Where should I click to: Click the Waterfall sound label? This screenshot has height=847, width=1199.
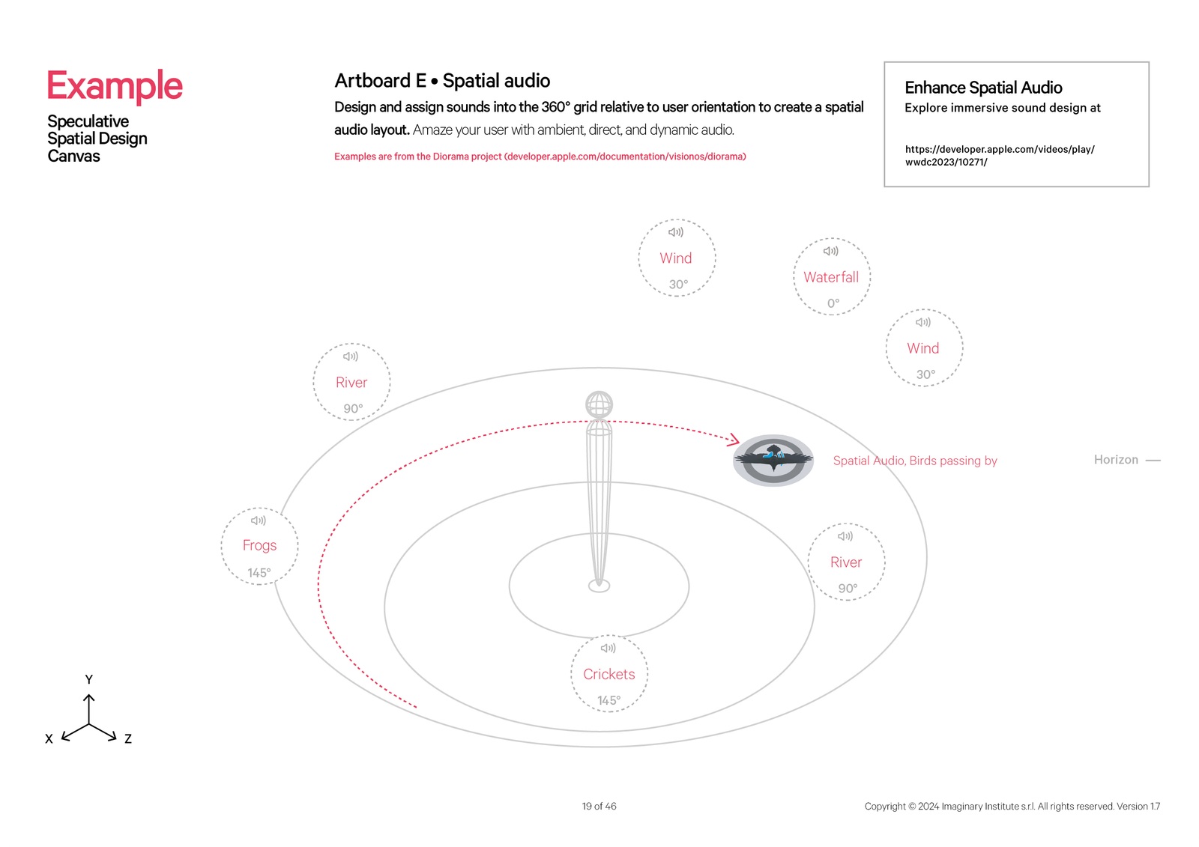pyautogui.click(x=831, y=277)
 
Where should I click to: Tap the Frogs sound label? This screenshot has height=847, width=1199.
pyautogui.click(x=259, y=545)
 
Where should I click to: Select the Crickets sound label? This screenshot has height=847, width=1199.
pyautogui.click(x=609, y=674)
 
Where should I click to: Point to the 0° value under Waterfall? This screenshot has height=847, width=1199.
pyautogui.click(x=833, y=303)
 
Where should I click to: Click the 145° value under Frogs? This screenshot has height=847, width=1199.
pyautogui.click(x=259, y=573)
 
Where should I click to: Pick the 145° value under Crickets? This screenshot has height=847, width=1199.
pyautogui.click(x=608, y=700)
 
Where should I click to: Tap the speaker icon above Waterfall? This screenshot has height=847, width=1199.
pyautogui.click(x=831, y=252)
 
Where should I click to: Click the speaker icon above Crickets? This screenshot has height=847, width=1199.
pyautogui.click(x=608, y=648)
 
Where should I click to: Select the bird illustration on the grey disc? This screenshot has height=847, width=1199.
pyautogui.click(x=773, y=457)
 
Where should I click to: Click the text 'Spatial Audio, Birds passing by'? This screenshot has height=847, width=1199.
pyautogui.click(x=915, y=461)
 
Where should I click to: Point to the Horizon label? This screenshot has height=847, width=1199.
pyautogui.click(x=1116, y=460)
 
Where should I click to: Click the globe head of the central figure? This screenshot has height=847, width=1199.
pyautogui.click(x=599, y=404)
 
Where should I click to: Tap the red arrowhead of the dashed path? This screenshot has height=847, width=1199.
pyautogui.click(x=734, y=440)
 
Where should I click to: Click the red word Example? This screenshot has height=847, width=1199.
pyautogui.click(x=115, y=85)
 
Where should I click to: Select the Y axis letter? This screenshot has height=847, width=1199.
pyautogui.click(x=89, y=679)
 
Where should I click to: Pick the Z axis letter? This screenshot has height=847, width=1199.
pyautogui.click(x=128, y=738)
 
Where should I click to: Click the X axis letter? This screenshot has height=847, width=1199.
pyautogui.click(x=49, y=738)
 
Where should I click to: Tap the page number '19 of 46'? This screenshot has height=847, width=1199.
pyautogui.click(x=599, y=807)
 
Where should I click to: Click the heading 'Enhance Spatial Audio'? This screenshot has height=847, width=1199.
pyautogui.click(x=983, y=88)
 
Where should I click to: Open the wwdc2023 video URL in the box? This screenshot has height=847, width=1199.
pyautogui.click(x=1000, y=155)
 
